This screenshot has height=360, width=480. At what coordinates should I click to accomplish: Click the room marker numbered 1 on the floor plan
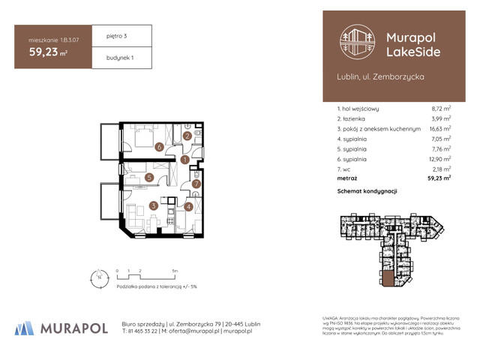point(184,159)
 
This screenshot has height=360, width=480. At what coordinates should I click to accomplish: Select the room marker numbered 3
point(153,205)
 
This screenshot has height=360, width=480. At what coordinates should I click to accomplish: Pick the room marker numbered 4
point(188,207)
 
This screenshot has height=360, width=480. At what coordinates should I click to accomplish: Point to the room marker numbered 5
point(150,178)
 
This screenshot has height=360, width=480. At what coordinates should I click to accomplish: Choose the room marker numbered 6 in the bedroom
point(159,147)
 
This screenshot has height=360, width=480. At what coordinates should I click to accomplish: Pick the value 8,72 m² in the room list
point(439,109)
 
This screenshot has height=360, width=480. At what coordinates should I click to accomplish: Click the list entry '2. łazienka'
point(355,118)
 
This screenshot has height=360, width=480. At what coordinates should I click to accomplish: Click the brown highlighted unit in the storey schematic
point(388,279)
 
